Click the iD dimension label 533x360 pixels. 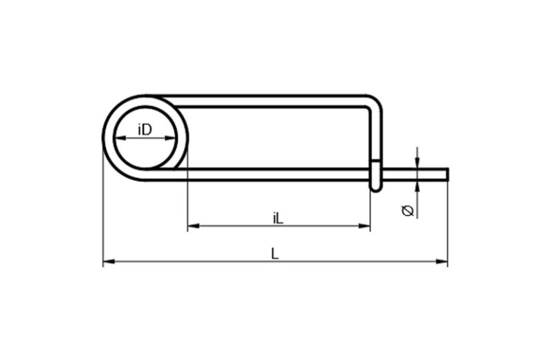(145, 129)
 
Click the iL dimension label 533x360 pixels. (278, 219)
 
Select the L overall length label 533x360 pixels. (275, 253)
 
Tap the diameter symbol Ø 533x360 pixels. (408, 210)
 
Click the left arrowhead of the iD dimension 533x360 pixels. (120, 138)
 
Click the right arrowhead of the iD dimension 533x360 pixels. (171, 138)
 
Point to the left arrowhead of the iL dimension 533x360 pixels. (193, 226)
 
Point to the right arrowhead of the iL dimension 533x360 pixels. (364, 226)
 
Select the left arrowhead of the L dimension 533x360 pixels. (109, 262)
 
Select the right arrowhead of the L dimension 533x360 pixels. (442, 262)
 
